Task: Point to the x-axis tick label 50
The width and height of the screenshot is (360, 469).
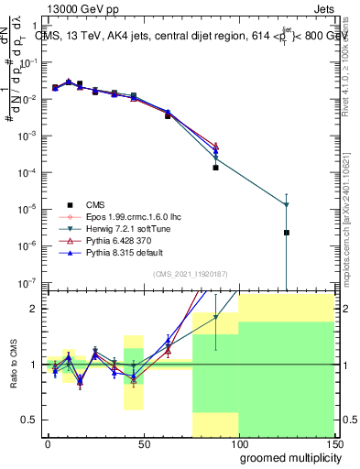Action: click(144, 443)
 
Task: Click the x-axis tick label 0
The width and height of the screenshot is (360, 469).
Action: click(48, 443)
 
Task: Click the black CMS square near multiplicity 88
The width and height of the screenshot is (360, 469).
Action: click(216, 168)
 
